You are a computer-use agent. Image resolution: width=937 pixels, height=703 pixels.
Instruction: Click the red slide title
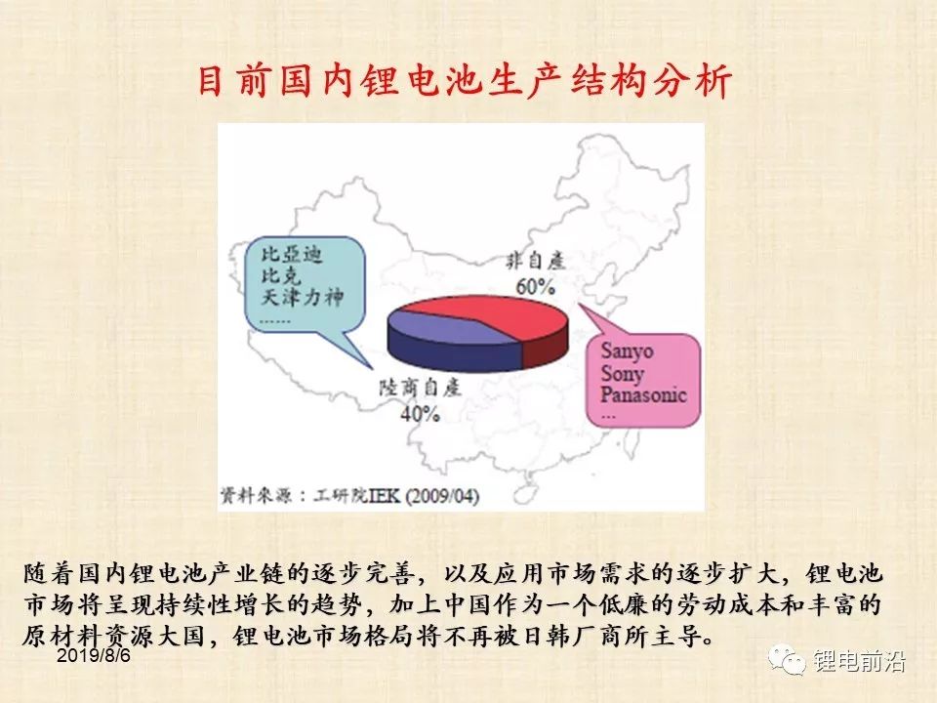point(465,81)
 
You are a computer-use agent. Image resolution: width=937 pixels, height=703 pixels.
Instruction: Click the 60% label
point(536,286)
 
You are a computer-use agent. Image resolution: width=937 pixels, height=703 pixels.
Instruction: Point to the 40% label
point(420,413)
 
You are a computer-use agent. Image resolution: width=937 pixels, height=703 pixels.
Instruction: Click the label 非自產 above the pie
point(536,262)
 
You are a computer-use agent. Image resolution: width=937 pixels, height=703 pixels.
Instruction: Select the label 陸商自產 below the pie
point(420,388)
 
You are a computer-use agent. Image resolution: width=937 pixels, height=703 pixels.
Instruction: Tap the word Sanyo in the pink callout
point(627,351)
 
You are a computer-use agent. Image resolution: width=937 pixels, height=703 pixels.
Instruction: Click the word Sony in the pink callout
point(622,374)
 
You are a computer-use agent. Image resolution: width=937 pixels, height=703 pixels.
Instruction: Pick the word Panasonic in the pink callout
point(643,394)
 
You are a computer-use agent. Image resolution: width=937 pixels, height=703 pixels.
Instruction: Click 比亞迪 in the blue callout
point(292,254)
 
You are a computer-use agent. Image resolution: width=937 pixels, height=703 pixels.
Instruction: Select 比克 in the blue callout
point(281,275)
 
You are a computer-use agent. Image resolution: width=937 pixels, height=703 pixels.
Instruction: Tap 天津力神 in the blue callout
point(303,297)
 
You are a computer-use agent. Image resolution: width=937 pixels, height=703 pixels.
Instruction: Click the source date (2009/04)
point(443,496)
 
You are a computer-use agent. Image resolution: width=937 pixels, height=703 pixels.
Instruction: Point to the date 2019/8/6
point(94,656)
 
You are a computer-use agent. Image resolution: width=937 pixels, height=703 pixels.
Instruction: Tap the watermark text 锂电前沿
point(859,661)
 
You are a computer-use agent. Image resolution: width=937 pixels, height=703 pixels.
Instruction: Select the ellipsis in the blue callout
point(275,321)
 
